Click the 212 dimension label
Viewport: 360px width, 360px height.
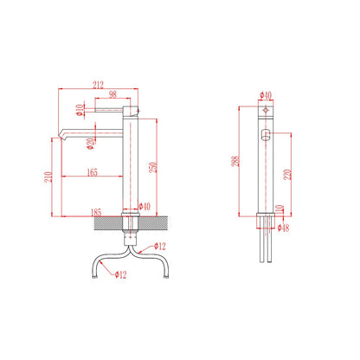coord(98,85)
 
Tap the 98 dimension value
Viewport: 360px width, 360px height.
coord(112,94)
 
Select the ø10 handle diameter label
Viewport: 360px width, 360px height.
coord(80,110)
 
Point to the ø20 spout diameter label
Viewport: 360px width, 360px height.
coord(91,144)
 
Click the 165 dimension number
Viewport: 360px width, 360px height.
coord(93,172)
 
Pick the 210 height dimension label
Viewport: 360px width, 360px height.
coord(48,177)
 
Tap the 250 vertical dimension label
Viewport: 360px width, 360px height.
coord(153,167)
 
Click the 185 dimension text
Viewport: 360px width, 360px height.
coord(96,212)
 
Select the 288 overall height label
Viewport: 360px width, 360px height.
coord(235,161)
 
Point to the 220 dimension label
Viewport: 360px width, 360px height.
coord(287,175)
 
